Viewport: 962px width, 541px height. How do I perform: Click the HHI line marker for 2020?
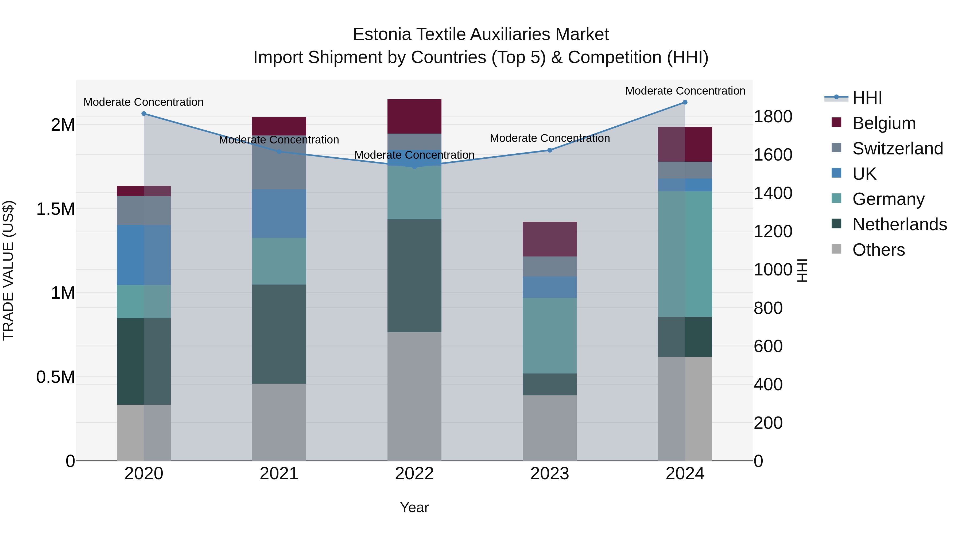tap(144, 114)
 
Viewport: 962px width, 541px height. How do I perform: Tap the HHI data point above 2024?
tap(685, 102)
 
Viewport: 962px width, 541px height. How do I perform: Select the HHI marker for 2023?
tap(550, 150)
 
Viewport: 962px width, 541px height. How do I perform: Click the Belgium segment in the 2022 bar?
tap(414, 116)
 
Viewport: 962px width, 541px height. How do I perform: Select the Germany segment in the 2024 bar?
tap(685, 254)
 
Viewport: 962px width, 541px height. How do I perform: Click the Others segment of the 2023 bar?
tap(550, 428)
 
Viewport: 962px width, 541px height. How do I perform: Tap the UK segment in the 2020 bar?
tap(144, 255)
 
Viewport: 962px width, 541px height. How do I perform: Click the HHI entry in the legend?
tap(867, 98)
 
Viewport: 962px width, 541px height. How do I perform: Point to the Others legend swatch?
tap(836, 249)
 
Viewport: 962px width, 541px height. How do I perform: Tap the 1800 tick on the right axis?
tap(773, 116)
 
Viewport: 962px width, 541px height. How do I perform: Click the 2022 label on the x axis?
tap(414, 474)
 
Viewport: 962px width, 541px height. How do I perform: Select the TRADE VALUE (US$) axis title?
tap(8, 270)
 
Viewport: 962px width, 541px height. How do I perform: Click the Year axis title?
tap(414, 507)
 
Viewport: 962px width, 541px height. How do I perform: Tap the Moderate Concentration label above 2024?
tap(685, 91)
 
